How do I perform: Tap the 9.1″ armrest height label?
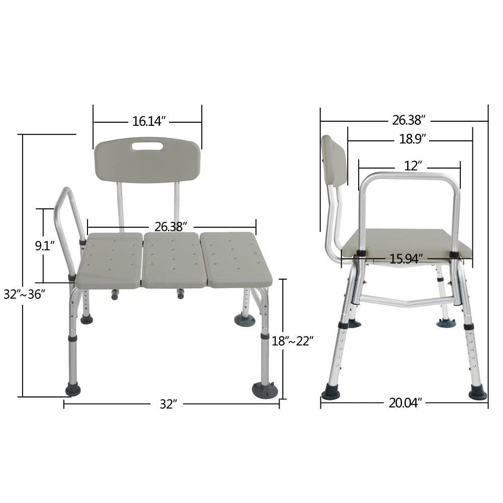(44, 246)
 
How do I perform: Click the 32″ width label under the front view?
(169, 404)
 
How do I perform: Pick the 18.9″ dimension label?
(412, 139)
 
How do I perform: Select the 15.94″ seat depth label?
(406, 259)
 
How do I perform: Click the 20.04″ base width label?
(405, 403)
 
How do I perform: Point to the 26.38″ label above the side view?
(409, 120)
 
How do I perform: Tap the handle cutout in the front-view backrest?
(147, 146)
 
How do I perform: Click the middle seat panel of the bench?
(174, 260)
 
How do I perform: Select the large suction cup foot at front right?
(265, 390)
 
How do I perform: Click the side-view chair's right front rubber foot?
(477, 392)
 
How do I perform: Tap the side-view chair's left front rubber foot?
(331, 392)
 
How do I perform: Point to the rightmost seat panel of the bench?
(236, 259)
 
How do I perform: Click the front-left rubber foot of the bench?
(73, 389)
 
